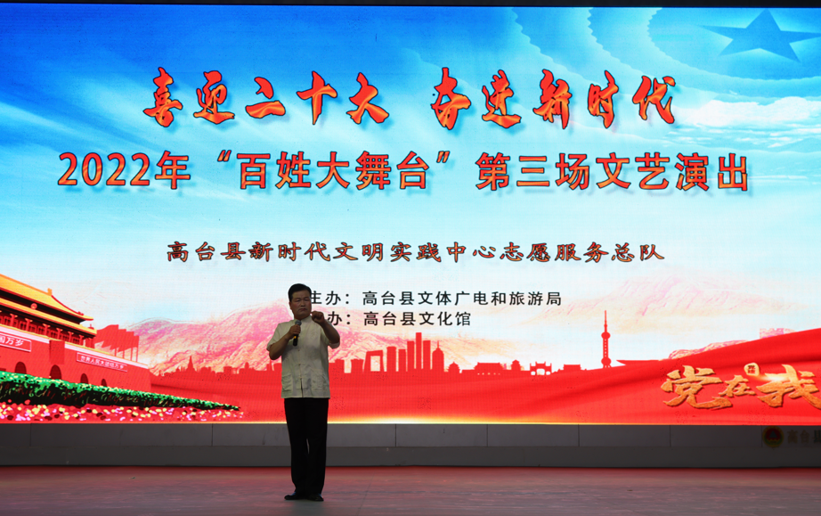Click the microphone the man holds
click(295, 334)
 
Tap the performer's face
click(300, 303)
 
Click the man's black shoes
click(305, 495)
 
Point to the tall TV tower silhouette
click(606, 341)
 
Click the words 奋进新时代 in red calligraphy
click(552, 98)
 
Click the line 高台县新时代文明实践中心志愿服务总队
click(415, 252)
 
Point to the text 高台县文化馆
click(416, 318)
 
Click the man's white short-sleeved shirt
click(305, 361)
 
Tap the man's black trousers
click(306, 441)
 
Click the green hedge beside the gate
click(107, 392)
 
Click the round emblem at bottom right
click(773, 437)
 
